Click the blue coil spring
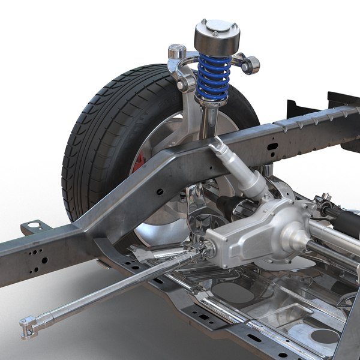[x=215, y=77]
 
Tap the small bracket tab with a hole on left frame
[x=32, y=229]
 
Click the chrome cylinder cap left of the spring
[x=176, y=52]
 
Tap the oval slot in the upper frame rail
[x=273, y=146]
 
